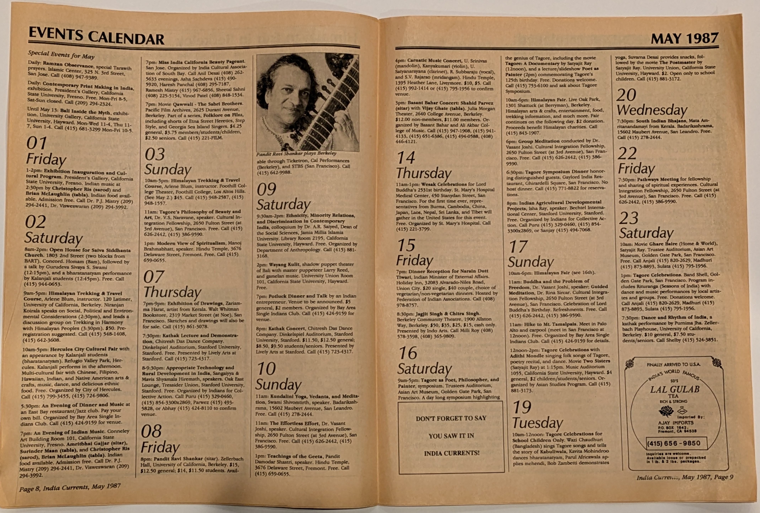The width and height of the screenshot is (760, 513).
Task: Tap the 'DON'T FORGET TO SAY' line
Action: coord(451,418)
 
